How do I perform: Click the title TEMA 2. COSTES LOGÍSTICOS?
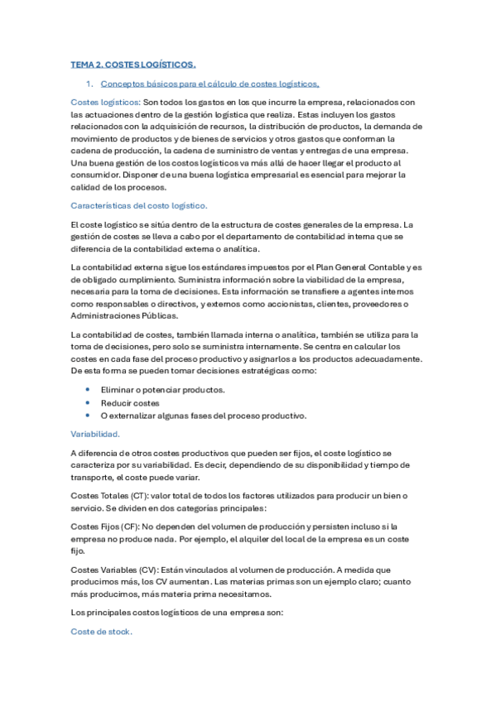pos(133,64)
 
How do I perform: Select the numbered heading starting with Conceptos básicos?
pos(209,84)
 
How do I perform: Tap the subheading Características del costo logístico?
pos(139,204)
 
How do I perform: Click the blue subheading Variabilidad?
pos(96,433)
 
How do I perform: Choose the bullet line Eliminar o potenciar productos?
pos(162,389)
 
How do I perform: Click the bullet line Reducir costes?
pos(131,402)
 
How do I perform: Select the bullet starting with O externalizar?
pos(203,416)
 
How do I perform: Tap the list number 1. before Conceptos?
pos(89,84)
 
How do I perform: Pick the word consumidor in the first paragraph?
pos(95,175)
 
